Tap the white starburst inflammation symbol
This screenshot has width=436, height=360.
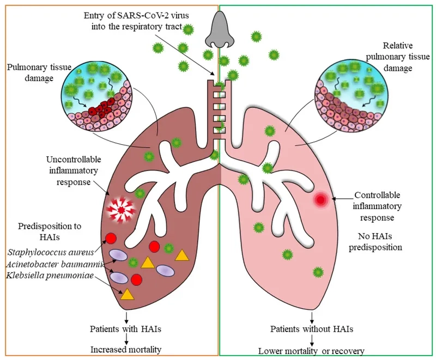point(120,210)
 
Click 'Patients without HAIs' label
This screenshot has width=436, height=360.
point(312,329)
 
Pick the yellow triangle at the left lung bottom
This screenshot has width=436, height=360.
point(126,294)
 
